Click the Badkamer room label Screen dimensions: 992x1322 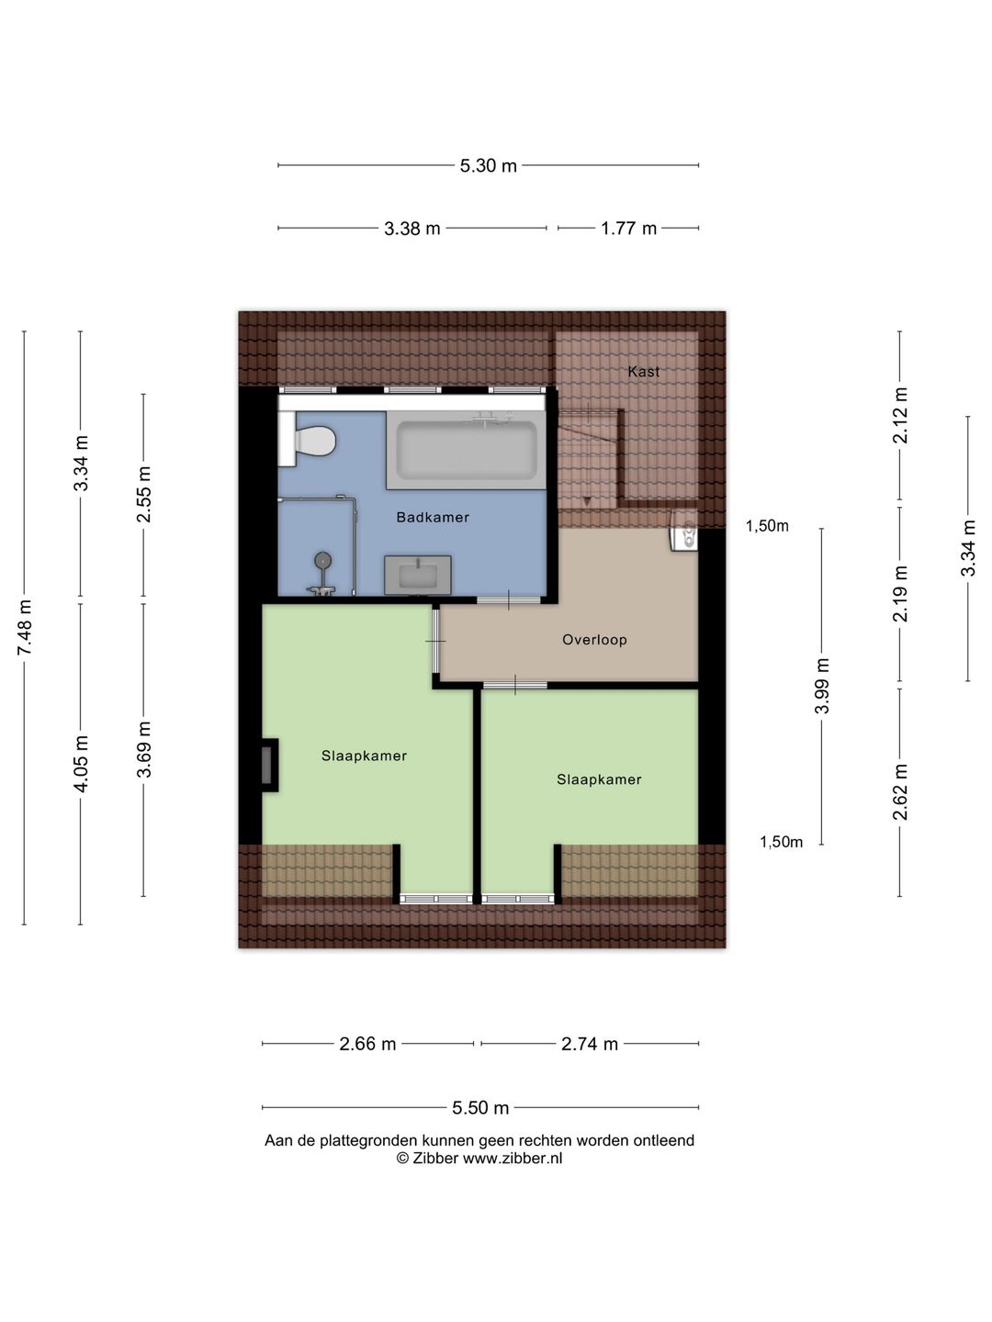pos(433,517)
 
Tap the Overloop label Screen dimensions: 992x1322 pos(594,640)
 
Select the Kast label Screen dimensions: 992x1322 pos(643,372)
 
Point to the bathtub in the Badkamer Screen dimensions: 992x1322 pos(467,449)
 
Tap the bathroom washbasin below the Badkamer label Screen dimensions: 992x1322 pos(417,575)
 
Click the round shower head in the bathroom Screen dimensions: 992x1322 pos(323,561)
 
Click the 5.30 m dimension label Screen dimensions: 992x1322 pos(488,165)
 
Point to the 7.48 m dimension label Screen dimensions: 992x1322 pos(25,627)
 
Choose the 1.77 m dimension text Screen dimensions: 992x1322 pos(628,229)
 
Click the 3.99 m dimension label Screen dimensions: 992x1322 pos(821,686)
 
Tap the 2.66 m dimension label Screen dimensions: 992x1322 pos(367,1044)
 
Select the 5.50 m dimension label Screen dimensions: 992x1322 pos(480,1107)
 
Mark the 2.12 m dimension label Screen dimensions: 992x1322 pos(900,416)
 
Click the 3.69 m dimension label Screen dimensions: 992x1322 pos(143,749)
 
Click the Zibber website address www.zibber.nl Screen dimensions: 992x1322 pos(512,1158)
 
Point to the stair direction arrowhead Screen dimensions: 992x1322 pos(587,501)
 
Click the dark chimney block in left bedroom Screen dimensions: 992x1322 pos(269,765)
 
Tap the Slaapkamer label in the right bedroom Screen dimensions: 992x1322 pos(599,779)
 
